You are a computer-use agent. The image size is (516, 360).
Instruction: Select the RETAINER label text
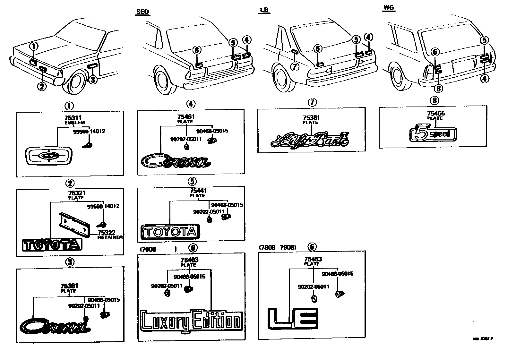point(110,237)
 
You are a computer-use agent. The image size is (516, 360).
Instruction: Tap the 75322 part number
point(107,233)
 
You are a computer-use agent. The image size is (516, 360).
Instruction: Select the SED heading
point(142,12)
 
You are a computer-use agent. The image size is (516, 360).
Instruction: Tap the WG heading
point(389,8)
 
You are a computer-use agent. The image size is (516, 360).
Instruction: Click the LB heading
point(264,11)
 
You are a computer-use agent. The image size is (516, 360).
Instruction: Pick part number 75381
point(311,118)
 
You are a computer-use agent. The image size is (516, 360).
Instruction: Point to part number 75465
point(436,113)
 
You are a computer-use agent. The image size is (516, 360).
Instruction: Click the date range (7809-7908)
point(277,247)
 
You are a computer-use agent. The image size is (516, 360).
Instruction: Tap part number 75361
point(69,286)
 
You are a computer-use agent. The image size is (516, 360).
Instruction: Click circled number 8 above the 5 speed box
point(435,101)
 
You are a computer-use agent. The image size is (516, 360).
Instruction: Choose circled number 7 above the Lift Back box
point(312,102)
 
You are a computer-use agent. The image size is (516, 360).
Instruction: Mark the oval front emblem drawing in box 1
point(49,156)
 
